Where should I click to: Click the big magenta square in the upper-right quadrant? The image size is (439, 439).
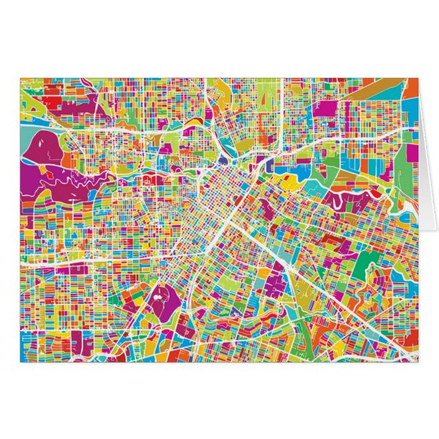pyautogui.click(x=327, y=108)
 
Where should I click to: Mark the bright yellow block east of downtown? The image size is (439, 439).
pyautogui.click(x=290, y=183)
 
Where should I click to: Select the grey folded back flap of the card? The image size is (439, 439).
pyautogui.click(x=428, y=170)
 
